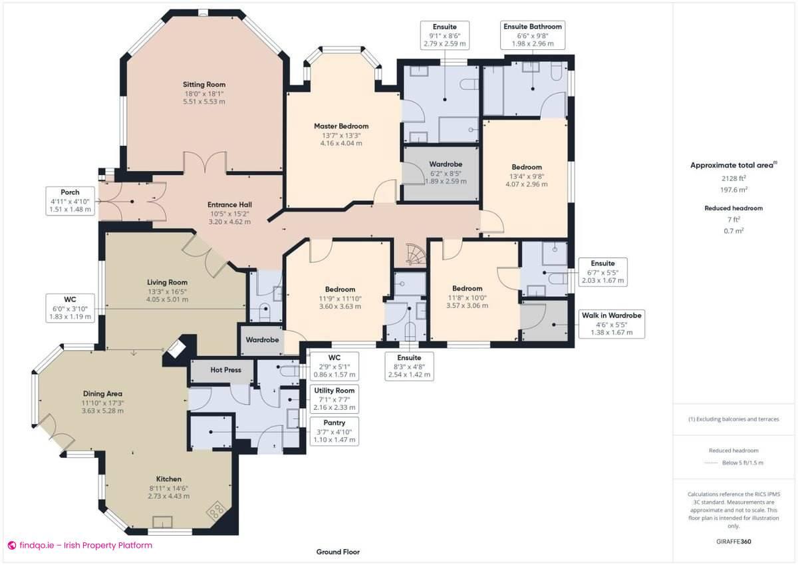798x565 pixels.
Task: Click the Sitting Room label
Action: pyautogui.click(x=204, y=85)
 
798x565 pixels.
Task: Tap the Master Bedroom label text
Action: pyautogui.click(x=341, y=126)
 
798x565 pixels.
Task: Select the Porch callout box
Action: pyautogui.click(x=70, y=200)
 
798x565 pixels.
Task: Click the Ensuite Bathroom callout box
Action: pyautogui.click(x=532, y=35)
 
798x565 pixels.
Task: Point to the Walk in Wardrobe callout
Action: pyautogui.click(x=611, y=323)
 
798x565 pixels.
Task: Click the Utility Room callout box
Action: pyautogui.click(x=334, y=398)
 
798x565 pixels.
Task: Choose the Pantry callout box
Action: pyautogui.click(x=334, y=431)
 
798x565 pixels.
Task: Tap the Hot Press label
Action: pyautogui.click(x=225, y=369)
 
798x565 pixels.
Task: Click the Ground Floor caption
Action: pyautogui.click(x=338, y=552)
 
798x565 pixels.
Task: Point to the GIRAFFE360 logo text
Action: pyautogui.click(x=734, y=542)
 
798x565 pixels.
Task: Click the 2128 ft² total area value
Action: pyautogui.click(x=733, y=178)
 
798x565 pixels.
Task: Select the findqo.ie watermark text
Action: pyautogui.click(x=80, y=545)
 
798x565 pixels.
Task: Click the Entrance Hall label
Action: pyautogui.click(x=229, y=204)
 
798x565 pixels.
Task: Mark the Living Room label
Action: pyautogui.click(x=168, y=282)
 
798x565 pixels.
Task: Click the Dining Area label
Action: pyautogui.click(x=102, y=393)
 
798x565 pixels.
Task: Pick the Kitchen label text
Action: pyautogui.click(x=169, y=478)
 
